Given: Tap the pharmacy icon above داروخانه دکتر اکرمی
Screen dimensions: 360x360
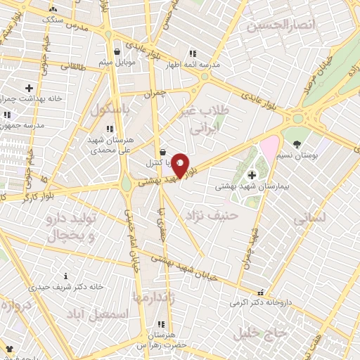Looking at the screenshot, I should pyautogui.click(x=261, y=292).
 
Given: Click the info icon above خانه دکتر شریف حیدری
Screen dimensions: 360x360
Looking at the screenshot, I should pyautogui.click(x=66, y=276).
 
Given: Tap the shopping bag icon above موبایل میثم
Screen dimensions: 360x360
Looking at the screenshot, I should pyautogui.click(x=117, y=52).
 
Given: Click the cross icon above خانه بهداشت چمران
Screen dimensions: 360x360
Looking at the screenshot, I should pyautogui.click(x=28, y=88).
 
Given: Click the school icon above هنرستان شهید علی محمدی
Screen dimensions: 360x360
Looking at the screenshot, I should pyautogui.click(x=109, y=129).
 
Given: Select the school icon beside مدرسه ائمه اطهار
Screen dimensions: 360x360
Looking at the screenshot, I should pyautogui.click(x=193, y=53).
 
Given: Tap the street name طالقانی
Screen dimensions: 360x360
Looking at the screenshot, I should pyautogui.click(x=72, y=66).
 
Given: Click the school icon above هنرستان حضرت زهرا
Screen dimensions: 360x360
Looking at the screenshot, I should pyautogui.click(x=160, y=325).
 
